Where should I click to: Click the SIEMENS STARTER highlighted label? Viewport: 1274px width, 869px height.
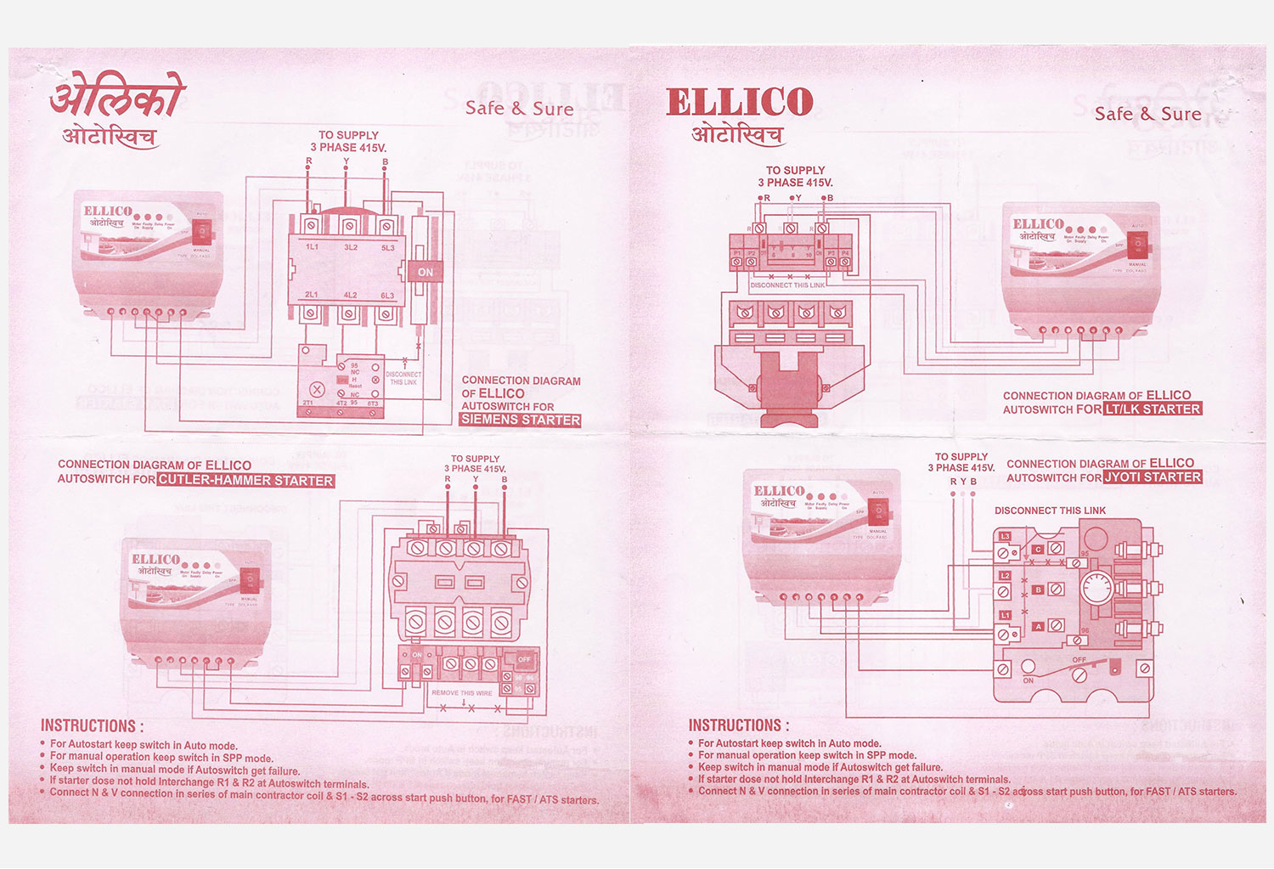tap(521, 420)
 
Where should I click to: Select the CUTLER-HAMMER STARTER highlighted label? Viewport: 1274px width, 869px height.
tap(245, 481)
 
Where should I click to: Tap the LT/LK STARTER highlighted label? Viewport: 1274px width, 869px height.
tap(1153, 409)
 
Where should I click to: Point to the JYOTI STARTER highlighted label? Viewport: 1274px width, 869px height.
tap(1153, 477)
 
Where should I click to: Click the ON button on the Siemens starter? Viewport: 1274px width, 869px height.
tap(426, 273)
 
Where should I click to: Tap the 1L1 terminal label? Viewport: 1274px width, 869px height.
tap(312, 247)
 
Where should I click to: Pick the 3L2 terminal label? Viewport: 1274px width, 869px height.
tap(350, 247)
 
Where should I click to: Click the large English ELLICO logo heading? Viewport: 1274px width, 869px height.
tap(740, 103)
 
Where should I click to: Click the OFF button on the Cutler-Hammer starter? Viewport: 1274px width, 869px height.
tap(524, 659)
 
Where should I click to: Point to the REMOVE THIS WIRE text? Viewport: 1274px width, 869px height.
tap(462, 693)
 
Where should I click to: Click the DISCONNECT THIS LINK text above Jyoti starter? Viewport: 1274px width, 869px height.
tap(1050, 511)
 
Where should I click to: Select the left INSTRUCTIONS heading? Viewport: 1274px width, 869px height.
tap(92, 726)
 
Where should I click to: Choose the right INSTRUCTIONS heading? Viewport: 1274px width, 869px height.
tap(739, 725)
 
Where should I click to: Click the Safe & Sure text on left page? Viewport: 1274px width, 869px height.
tap(519, 109)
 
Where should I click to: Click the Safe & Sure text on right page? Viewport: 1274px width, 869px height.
tap(1147, 114)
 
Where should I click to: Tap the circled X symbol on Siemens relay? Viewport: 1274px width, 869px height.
tap(317, 390)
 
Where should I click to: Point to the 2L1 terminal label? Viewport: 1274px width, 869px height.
tap(312, 296)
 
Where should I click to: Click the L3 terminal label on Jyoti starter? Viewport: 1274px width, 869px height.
tap(1005, 537)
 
